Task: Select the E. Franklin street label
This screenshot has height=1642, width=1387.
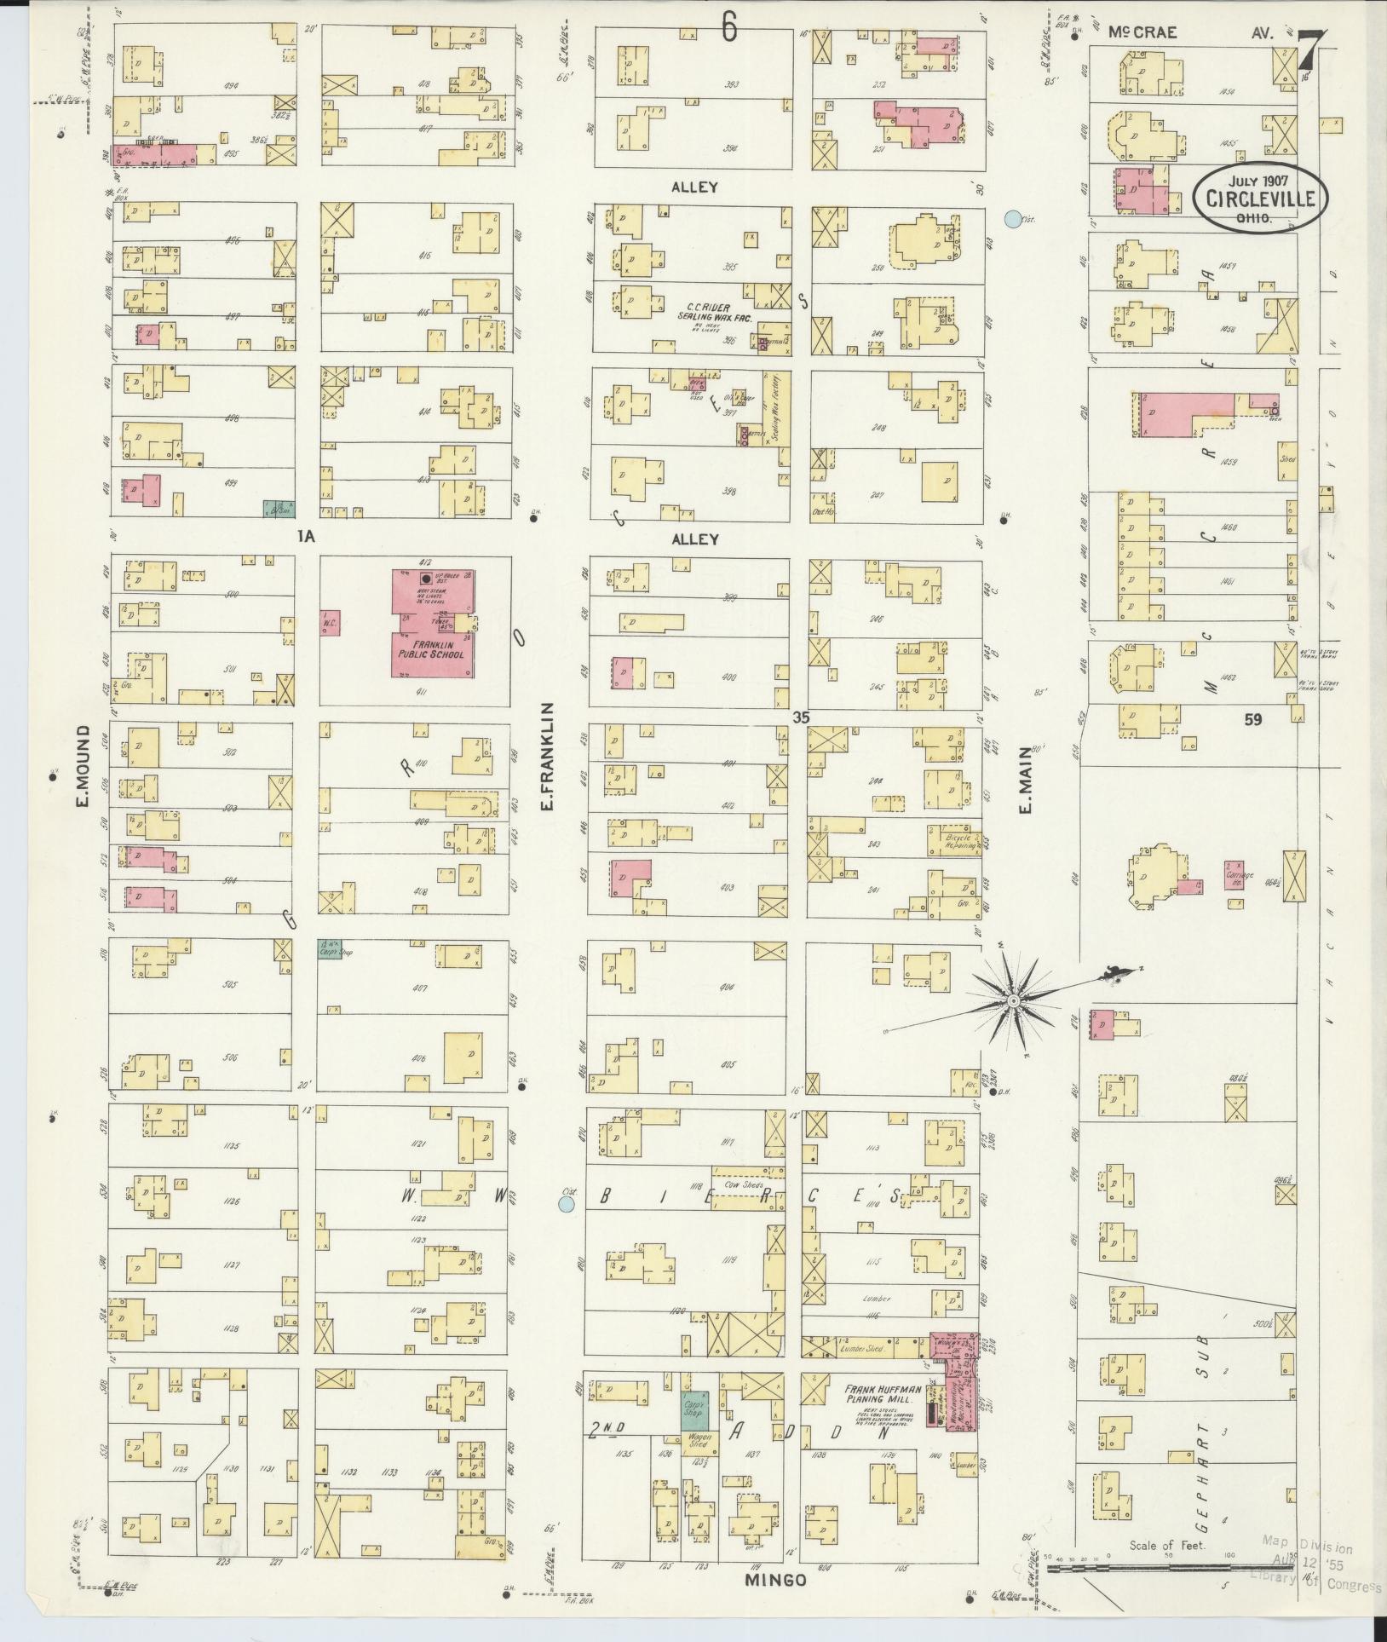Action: pyautogui.click(x=548, y=755)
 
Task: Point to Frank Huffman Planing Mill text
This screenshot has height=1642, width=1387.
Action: pyautogui.click(x=878, y=1392)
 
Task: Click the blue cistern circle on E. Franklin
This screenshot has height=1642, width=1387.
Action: pyautogui.click(x=564, y=1204)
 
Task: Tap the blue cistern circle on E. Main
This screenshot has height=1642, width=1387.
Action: pyautogui.click(x=1012, y=219)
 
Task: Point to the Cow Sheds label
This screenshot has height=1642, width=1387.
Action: pyautogui.click(x=740, y=1184)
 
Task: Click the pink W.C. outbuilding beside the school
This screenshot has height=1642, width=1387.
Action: pyautogui.click(x=331, y=620)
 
